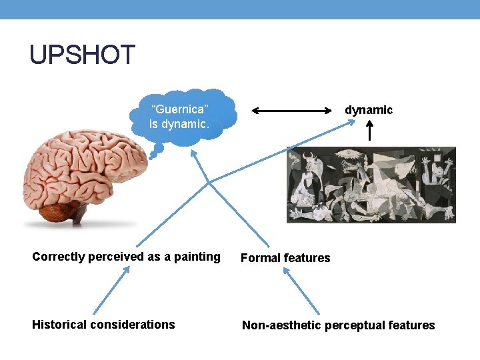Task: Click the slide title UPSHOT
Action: tap(82, 55)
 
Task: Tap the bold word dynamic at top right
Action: tap(369, 110)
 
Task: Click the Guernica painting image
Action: tap(371, 185)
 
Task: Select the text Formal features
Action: tap(285, 258)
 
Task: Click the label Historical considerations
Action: tap(103, 325)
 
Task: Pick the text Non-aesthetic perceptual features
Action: tap(338, 325)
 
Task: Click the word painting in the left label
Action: tap(198, 257)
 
